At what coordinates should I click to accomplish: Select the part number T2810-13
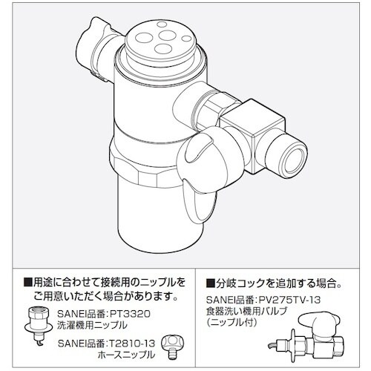tap(131, 343)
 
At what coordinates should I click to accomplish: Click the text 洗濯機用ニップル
tap(92, 325)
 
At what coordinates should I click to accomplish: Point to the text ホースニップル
tap(126, 355)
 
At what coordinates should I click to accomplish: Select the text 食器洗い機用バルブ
tap(246, 311)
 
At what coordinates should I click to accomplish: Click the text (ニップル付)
tap(231, 322)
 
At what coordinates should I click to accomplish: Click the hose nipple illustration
tap(172, 347)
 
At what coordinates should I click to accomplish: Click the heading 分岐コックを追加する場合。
tap(274, 283)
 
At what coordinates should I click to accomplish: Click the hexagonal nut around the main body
tap(146, 171)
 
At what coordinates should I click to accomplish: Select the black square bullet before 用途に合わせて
tap(28, 283)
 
